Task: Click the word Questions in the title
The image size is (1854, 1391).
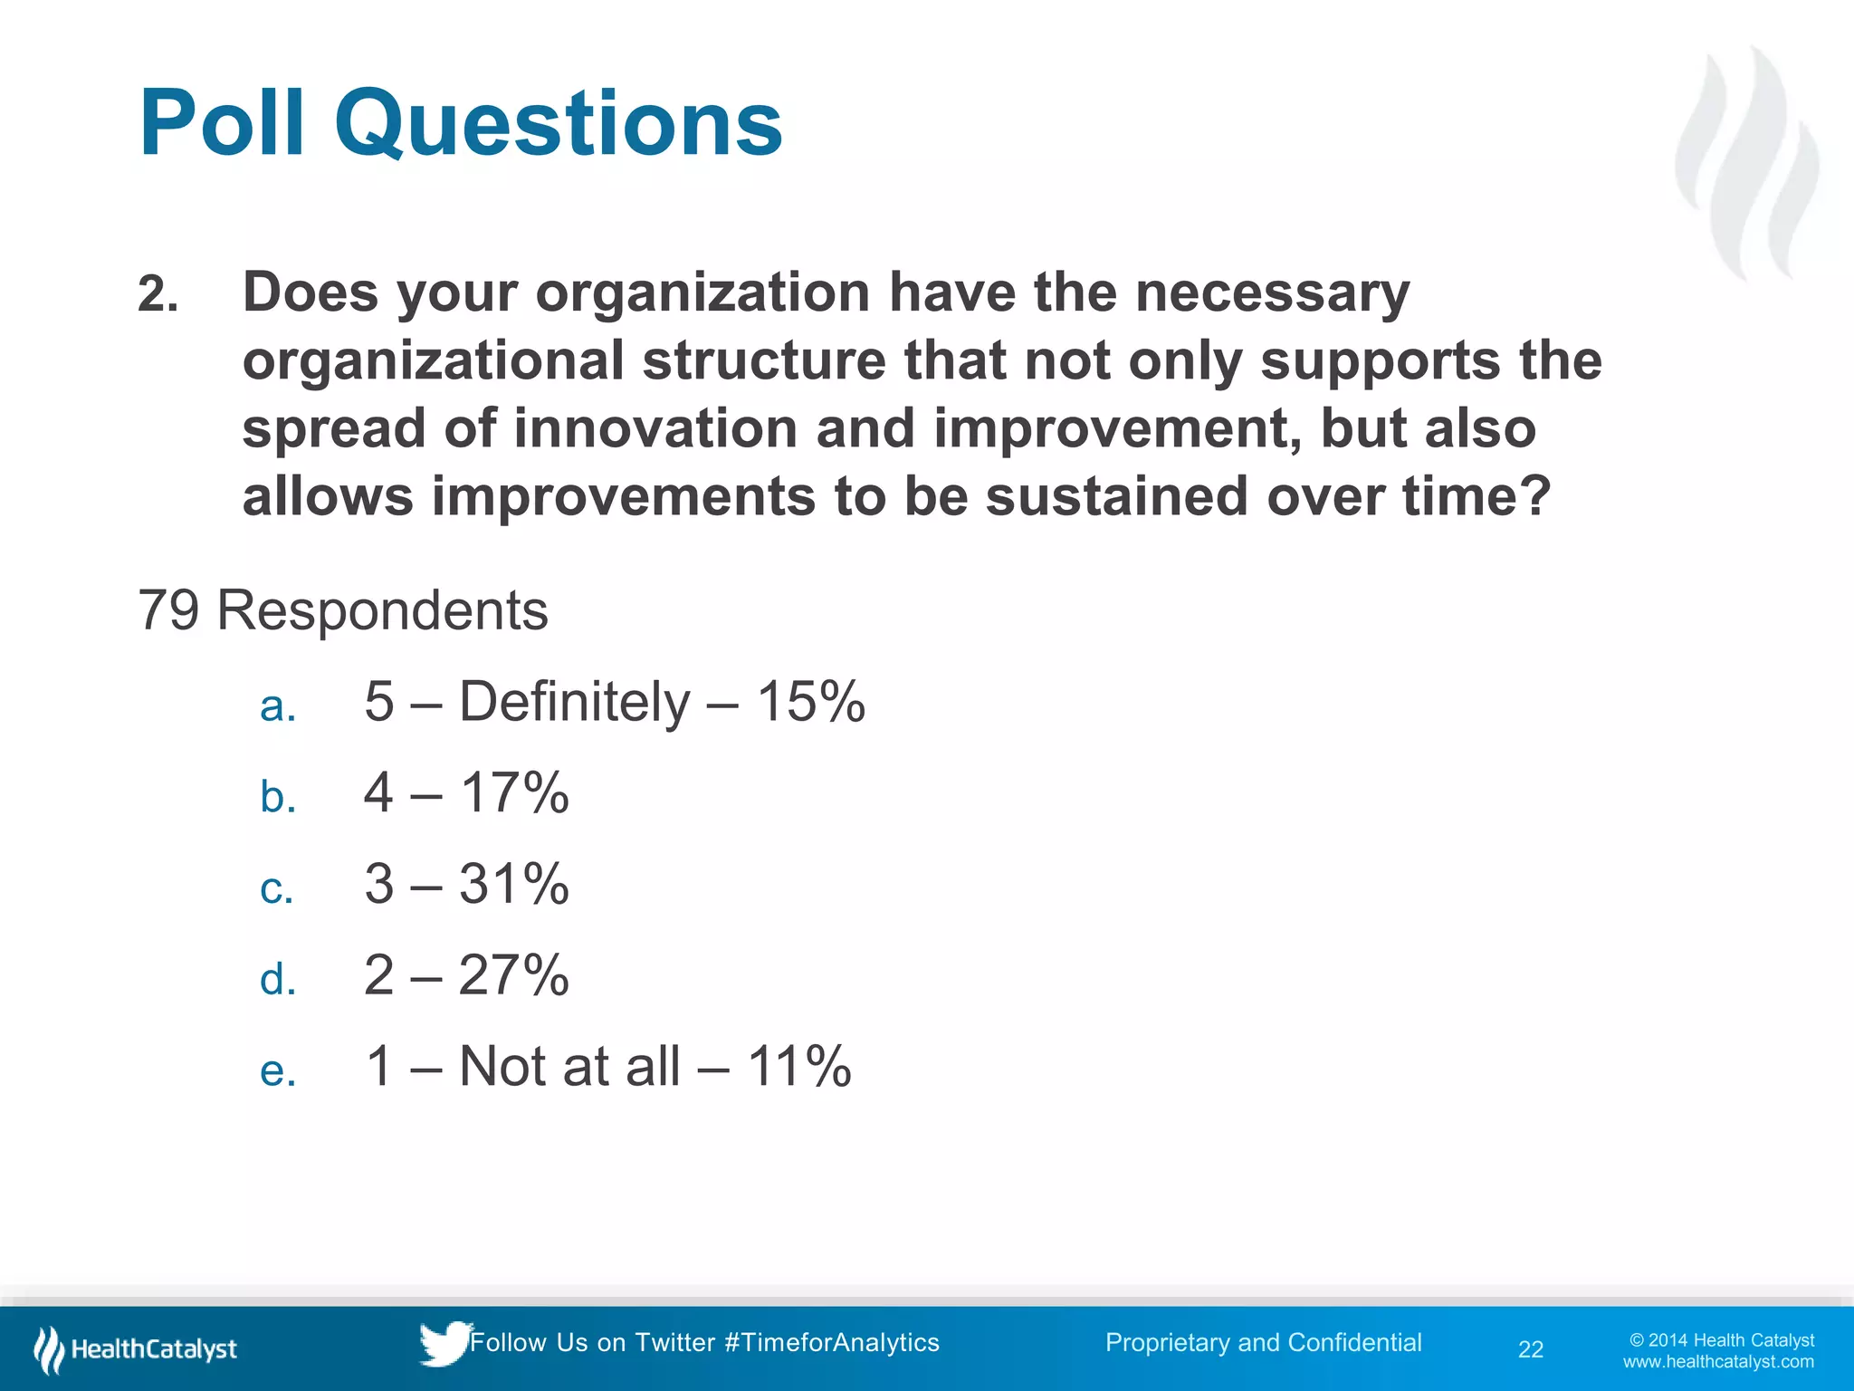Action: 558,125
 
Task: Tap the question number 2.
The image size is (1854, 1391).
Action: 158,295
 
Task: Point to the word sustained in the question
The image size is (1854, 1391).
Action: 1117,496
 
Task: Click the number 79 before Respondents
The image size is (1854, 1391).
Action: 168,610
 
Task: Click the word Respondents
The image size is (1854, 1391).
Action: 382,610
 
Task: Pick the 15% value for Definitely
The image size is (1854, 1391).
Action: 811,702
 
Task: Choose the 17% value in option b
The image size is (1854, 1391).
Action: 514,793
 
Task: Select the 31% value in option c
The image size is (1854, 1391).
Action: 514,884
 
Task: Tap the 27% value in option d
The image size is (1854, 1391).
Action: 514,975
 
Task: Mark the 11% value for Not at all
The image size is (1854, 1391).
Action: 798,1066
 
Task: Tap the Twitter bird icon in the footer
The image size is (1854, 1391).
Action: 444,1343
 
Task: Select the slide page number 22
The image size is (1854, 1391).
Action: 1530,1349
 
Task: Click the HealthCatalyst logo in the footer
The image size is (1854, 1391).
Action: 136,1349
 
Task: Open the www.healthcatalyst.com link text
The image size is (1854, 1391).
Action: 1718,1362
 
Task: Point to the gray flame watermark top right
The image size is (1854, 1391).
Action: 1747,163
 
